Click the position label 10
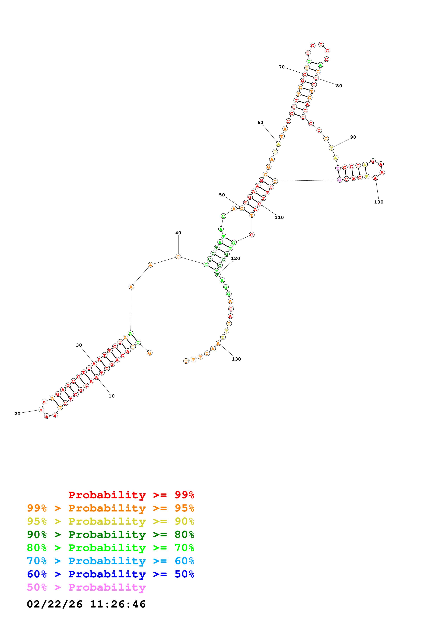tap(112, 396)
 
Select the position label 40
tap(178, 233)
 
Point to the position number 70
tap(282, 67)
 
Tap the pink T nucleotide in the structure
tap(338, 168)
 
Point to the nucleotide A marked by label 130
tap(218, 344)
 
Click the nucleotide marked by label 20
tap(41, 410)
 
